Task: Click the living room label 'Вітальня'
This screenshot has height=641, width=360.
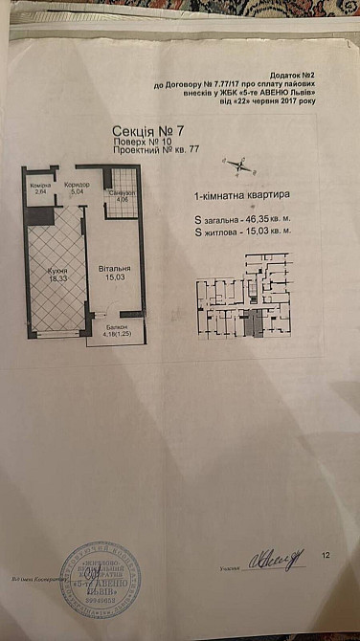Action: click(x=113, y=271)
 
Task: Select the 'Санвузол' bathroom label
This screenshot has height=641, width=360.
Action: click(x=121, y=192)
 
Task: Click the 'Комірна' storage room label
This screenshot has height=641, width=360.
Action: click(x=39, y=184)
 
